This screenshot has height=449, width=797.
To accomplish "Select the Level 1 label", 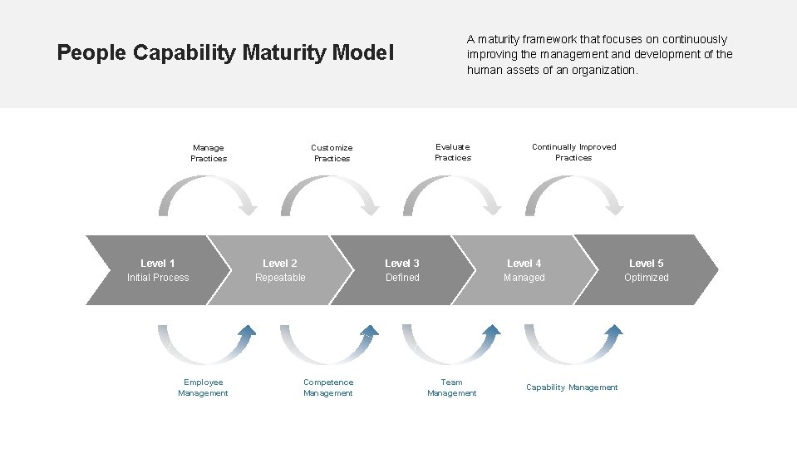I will pos(158,264).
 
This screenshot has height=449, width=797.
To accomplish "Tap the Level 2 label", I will pos(280,264).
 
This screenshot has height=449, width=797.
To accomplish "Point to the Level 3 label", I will pos(402,264).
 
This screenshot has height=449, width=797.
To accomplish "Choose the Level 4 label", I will pos(524,264).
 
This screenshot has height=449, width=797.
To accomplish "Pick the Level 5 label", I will pos(647,264).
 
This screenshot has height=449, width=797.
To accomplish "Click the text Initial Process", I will pos(158,278).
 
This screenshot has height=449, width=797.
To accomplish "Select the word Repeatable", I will pos(280,278).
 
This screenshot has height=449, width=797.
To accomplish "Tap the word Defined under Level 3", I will pos(402,278).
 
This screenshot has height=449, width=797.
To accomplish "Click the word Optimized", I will pos(647,278).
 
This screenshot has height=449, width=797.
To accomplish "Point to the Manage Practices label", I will pos(209,153).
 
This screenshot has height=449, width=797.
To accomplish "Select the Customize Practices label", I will pos(332,153).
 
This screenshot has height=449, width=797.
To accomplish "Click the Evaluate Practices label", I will pos(453,152).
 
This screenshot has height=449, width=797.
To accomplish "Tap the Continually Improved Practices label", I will pos(574,152).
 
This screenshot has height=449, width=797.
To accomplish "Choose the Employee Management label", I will pos(203,387).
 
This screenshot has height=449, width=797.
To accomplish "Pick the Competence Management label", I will pos(328,387).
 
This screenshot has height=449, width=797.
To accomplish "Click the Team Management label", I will pos(452,387).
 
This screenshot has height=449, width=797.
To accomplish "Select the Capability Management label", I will pos(572,387).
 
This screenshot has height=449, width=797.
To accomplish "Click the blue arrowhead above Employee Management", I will pos(246,332).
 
